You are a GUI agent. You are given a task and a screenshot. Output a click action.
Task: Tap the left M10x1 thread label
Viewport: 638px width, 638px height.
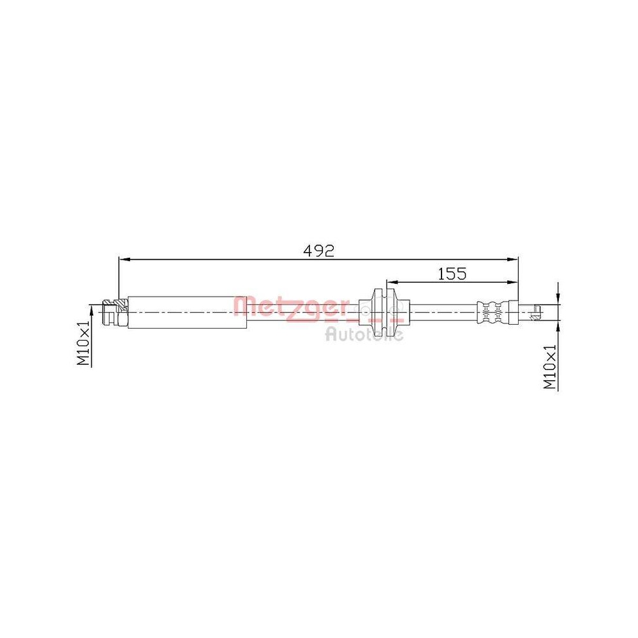click(84, 344)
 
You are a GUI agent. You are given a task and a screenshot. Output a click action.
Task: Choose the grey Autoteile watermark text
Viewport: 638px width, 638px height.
click(364, 333)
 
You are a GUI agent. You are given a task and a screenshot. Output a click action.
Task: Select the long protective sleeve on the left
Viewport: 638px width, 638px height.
click(188, 312)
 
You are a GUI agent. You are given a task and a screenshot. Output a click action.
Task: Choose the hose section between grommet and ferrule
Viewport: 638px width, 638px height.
click(440, 312)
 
